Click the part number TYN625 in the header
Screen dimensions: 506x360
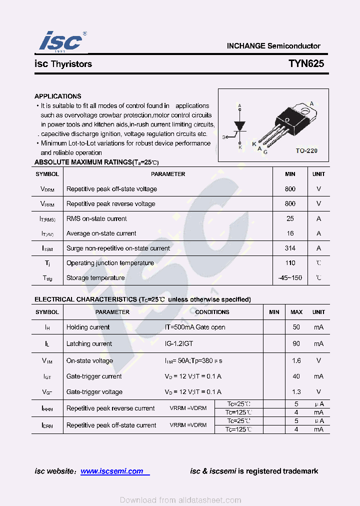coord(306,64)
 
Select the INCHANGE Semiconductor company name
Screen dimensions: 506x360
coord(273,46)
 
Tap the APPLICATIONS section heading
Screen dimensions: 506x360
coord(57,96)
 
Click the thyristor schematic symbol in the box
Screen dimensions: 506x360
coord(239,127)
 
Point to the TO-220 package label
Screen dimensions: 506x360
coord(306,150)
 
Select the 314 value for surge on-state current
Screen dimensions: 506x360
coord(290,248)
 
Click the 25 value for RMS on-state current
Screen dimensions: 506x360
coord(290,218)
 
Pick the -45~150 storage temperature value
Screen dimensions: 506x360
coord(290,277)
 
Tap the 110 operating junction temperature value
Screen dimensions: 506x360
coord(290,263)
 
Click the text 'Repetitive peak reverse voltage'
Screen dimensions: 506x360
coord(110,204)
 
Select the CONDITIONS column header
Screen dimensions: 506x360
coord(212,312)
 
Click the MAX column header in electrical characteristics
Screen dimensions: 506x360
coord(296,312)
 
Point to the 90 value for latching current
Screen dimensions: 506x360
coord(296,344)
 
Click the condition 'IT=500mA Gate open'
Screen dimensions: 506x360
coord(195,327)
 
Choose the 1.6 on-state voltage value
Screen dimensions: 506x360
coord(296,360)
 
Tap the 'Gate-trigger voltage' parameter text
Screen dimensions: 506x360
coord(94,392)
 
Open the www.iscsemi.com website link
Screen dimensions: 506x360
coord(112,471)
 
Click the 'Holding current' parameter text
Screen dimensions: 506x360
coord(88,327)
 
